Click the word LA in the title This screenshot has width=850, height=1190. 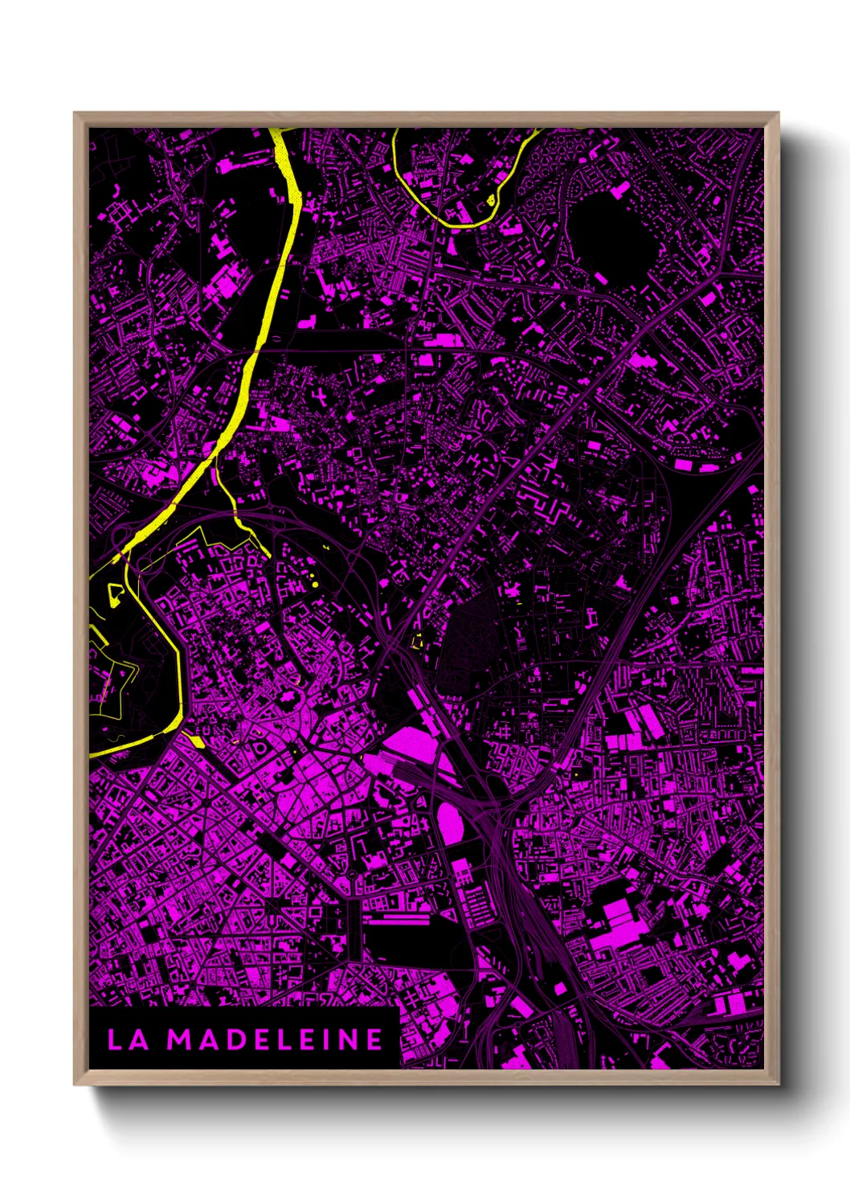(128, 1040)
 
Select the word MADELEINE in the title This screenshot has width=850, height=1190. (275, 1040)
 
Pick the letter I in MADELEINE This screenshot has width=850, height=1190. (330, 1040)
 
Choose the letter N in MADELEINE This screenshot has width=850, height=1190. (351, 1040)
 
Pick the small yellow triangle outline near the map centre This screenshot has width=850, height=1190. (418, 641)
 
